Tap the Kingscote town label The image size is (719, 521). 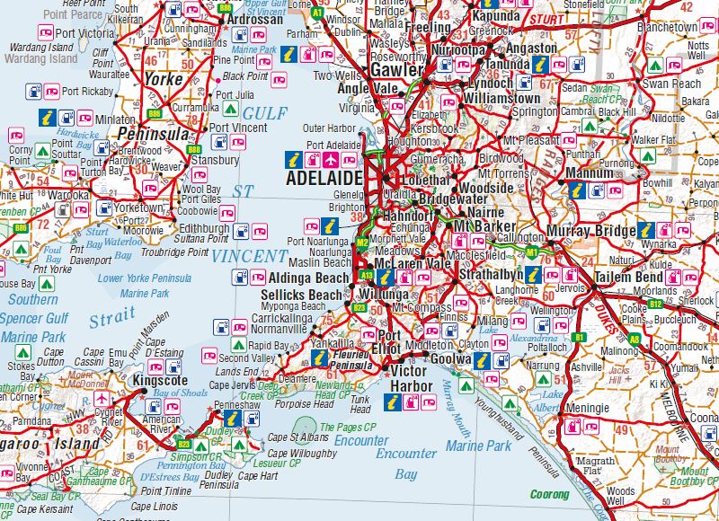click(157, 381)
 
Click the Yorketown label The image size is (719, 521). click(141, 208)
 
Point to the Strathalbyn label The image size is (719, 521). click(491, 272)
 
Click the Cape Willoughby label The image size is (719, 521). click(301, 454)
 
